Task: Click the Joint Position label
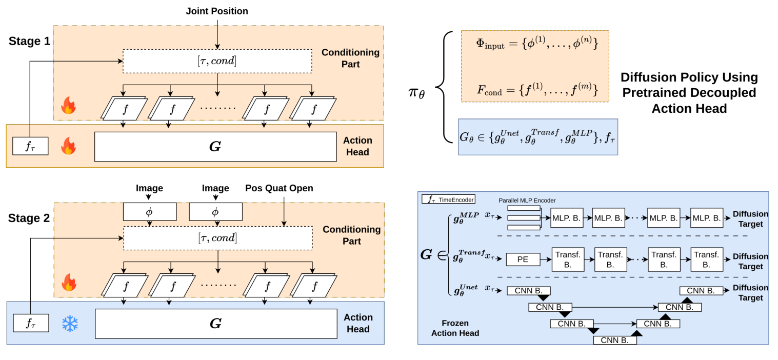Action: (x=217, y=11)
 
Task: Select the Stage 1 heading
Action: (x=29, y=41)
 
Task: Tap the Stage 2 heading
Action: (x=29, y=218)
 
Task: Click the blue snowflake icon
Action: (x=70, y=324)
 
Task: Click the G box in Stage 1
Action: (x=215, y=147)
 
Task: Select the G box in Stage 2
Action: (x=215, y=324)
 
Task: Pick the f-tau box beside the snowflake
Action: (x=30, y=323)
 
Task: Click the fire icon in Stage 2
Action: (x=69, y=283)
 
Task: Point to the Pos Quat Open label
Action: (x=279, y=188)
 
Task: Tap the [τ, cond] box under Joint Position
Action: (x=217, y=61)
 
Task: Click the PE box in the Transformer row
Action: (x=523, y=259)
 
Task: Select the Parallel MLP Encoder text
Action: (x=527, y=200)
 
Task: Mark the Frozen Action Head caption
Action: (x=455, y=328)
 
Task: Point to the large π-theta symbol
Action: (x=416, y=94)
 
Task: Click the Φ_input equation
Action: (x=537, y=44)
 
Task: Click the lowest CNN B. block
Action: (x=614, y=339)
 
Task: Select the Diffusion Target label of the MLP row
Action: (x=750, y=219)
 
